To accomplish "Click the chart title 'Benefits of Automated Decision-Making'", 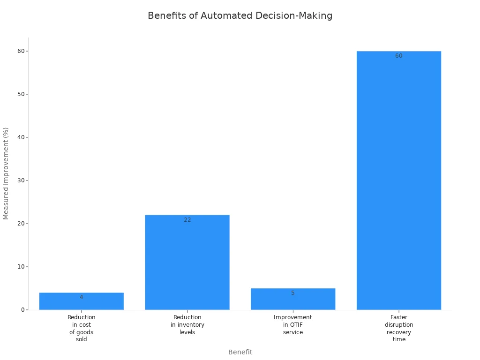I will click(x=240, y=15).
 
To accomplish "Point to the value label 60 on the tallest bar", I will click(x=398, y=56).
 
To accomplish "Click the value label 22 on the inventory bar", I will click(x=187, y=220).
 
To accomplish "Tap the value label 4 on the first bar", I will click(x=81, y=297).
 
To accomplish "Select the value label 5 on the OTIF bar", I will click(x=293, y=293).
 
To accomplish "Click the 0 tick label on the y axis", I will click(x=22, y=310).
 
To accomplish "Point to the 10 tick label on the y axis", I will click(x=21, y=267).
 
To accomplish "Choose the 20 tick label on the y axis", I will click(x=21, y=224).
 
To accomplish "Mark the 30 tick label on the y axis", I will click(x=21, y=180).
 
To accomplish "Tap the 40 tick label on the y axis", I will click(x=21, y=137).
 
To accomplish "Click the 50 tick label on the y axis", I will click(x=21, y=94).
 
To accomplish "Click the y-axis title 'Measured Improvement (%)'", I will click(x=6, y=173).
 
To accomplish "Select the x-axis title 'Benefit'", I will click(x=240, y=352).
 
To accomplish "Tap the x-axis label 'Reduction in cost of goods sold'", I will click(x=81, y=328).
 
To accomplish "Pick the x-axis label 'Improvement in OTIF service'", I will click(x=293, y=325).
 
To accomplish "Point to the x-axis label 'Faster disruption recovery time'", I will click(x=399, y=328).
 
